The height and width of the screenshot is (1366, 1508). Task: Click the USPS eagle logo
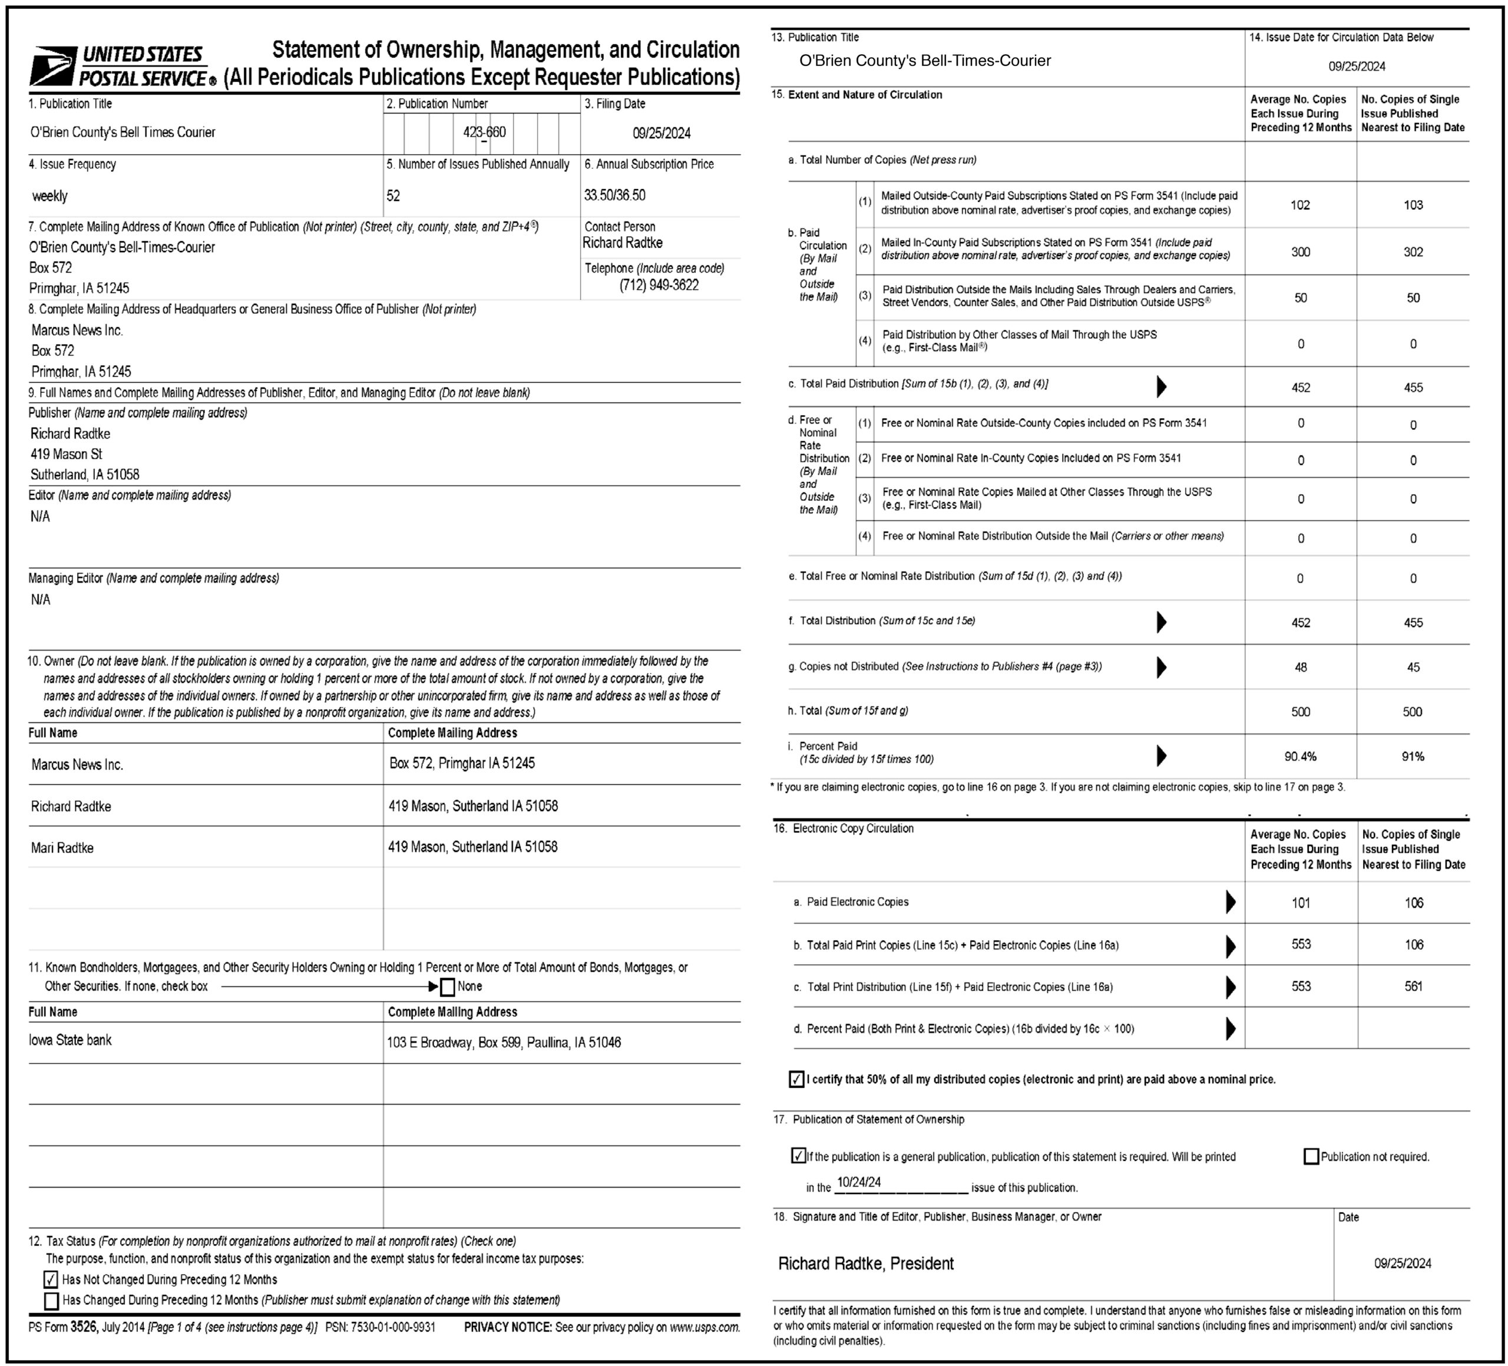52,66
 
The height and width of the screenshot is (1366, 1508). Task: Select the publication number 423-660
484,133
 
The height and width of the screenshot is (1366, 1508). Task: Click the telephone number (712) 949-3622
658,285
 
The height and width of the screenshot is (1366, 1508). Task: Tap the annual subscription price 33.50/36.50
614,195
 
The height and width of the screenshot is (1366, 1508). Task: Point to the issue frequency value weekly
49,196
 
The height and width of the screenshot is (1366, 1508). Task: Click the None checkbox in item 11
447,987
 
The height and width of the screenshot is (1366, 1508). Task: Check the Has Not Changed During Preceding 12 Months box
51,1279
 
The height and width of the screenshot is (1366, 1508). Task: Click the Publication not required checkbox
1311,1156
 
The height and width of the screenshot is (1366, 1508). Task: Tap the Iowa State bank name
70,1040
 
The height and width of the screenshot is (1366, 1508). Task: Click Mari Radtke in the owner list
62,848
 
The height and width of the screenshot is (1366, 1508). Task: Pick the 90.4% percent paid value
1300,756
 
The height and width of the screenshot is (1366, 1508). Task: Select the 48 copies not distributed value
1300,667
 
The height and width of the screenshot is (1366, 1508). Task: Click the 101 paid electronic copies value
1300,903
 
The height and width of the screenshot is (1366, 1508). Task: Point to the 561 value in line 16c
1413,986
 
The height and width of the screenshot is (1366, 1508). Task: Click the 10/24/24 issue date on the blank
859,1183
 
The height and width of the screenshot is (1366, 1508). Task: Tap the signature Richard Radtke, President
865,1264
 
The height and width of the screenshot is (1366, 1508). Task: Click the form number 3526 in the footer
84,1327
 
